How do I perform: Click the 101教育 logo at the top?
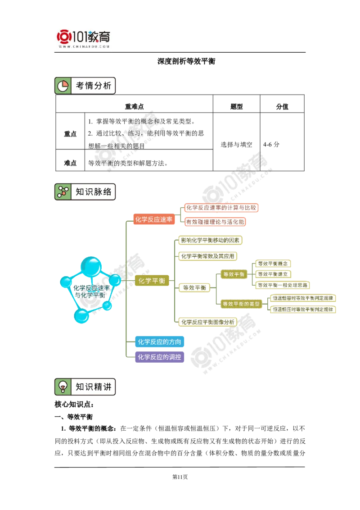[x=85, y=38]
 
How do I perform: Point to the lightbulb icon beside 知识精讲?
[x=63, y=387]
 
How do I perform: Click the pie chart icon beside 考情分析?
[x=63, y=86]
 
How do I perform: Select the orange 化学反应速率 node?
[x=154, y=219]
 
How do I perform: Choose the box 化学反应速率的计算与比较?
[x=221, y=208]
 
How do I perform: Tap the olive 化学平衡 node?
[x=152, y=281]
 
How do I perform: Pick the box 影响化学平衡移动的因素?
[x=209, y=240]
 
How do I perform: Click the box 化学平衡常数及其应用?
[x=207, y=256]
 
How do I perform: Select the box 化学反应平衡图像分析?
[x=207, y=322]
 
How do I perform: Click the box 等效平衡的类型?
[x=241, y=304]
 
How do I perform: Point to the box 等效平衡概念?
[x=273, y=263]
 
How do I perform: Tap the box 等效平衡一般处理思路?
[x=283, y=285]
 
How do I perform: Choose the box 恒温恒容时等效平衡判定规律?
[x=303, y=298]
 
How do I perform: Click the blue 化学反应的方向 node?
[x=160, y=342]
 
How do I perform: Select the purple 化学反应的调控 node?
[x=160, y=357]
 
